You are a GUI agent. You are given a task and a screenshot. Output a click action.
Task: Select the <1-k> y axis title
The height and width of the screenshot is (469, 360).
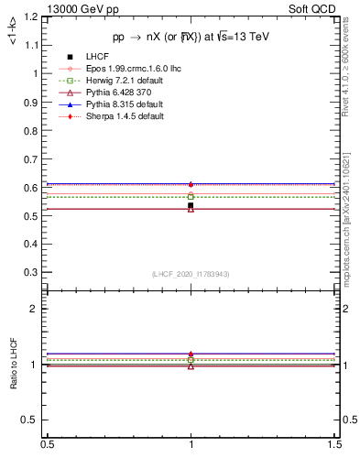pos(13,33)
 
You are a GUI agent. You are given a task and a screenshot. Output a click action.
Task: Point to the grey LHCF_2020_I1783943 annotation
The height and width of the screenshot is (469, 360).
pos(191,275)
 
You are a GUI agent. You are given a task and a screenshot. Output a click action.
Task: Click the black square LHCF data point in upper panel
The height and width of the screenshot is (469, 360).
pos(191,205)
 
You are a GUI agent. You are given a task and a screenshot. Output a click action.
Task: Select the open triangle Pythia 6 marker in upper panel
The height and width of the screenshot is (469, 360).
pos(191,211)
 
